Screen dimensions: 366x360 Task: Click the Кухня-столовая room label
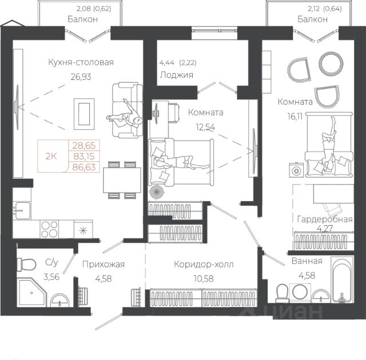point(81,62)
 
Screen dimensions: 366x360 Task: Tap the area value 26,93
point(81,77)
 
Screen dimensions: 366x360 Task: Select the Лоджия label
point(177,75)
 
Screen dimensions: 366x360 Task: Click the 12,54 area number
point(205,127)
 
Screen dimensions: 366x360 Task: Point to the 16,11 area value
point(295,116)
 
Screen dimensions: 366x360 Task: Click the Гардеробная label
point(325,219)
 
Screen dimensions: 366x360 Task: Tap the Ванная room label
point(307,261)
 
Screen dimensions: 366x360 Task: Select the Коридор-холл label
point(204,265)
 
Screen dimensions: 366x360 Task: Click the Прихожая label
point(104,265)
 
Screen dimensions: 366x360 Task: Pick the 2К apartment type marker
point(51,156)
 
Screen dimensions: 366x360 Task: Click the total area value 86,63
point(84,167)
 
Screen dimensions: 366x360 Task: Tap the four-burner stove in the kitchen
point(49,229)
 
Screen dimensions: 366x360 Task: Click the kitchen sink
point(22,211)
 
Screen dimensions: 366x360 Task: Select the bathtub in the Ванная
point(342,280)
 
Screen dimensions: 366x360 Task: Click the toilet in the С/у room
point(26,265)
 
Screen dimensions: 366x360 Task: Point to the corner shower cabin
point(32,293)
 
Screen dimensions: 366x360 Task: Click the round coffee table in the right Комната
point(331,63)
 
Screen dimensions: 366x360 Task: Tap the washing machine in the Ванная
point(300,291)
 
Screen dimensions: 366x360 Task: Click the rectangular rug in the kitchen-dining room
point(84,114)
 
